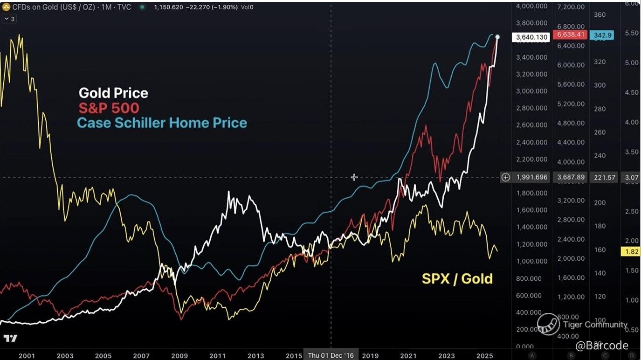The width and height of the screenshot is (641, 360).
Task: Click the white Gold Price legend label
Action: (113, 93)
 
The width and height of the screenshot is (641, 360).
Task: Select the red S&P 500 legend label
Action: (109, 108)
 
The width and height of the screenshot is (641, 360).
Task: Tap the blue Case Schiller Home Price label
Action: (162, 123)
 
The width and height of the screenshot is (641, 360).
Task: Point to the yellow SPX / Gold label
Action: (457, 279)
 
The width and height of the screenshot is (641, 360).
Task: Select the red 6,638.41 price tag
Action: (569, 35)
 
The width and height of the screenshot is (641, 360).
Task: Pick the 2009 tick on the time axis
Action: (179, 356)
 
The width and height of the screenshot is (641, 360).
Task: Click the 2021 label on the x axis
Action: (408, 356)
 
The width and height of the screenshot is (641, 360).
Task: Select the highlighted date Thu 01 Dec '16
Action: (331, 355)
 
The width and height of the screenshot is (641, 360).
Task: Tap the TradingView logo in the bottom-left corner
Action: (10, 338)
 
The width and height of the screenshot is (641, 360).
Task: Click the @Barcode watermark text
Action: (602, 346)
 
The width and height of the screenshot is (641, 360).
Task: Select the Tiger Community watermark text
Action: (595, 325)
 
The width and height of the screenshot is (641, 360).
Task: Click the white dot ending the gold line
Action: (497, 37)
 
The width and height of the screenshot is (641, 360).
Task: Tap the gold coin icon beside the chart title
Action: (6, 7)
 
